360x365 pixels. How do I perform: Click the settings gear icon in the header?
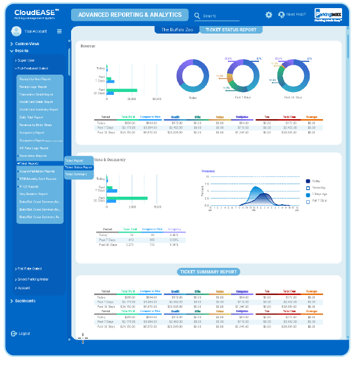(x=269, y=15)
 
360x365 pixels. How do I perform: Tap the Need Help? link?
(x=292, y=15)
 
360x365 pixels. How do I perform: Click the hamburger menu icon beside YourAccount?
(x=59, y=31)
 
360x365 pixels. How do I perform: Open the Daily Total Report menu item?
(x=31, y=117)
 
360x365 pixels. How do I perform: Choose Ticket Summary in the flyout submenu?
(x=76, y=174)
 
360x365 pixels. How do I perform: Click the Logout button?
(x=24, y=334)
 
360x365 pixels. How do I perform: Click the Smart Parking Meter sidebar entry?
(x=32, y=279)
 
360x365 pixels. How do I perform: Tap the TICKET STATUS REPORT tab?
(x=231, y=30)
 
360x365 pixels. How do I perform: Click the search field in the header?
(x=220, y=16)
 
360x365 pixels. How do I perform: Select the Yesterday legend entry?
(x=319, y=188)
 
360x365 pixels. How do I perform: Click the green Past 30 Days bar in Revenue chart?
(x=122, y=90)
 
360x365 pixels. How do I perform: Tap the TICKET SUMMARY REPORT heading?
(x=208, y=271)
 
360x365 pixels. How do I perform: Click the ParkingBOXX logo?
(x=328, y=15)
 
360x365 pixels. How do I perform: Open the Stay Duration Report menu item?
(x=33, y=194)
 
